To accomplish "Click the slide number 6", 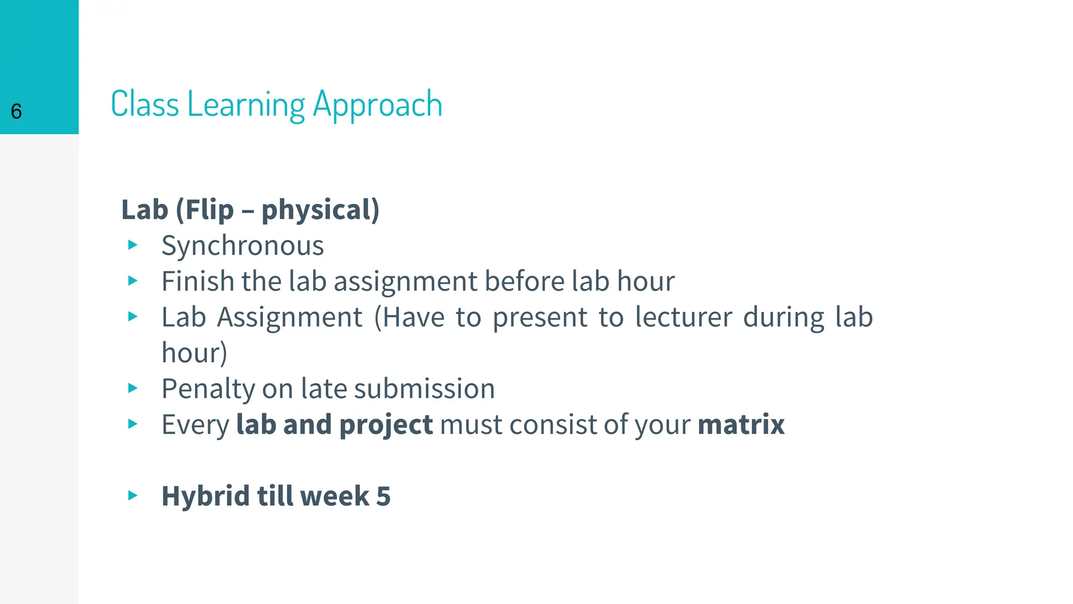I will point(16,112).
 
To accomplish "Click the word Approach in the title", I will point(377,105).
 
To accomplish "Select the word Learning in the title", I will point(246,105).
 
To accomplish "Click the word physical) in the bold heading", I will point(320,210).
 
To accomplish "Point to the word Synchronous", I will point(243,246).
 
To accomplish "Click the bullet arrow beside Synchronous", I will point(133,245).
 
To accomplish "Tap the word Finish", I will point(198,282).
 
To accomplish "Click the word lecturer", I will point(683,318).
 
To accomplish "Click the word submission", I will point(424,389).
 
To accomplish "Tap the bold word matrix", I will point(741,424).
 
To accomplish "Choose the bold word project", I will point(386,425).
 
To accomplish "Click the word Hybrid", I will point(205,496).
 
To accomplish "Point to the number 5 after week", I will point(384,496).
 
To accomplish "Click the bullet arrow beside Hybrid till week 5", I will point(133,495).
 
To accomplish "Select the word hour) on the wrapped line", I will point(194,353).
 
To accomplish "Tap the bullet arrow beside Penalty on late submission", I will point(133,388).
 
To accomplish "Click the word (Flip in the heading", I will point(205,210).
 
